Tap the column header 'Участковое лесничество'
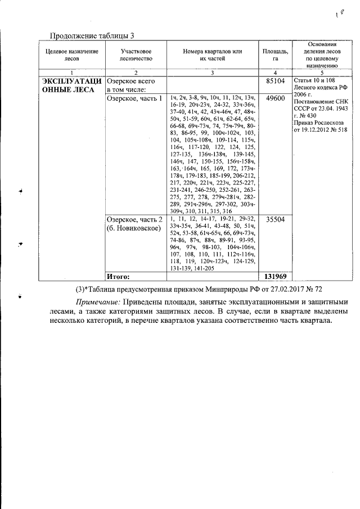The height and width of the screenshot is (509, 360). point(136,55)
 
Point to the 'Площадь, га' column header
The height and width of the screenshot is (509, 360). point(275,55)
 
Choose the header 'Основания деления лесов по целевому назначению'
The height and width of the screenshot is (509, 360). point(321,55)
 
